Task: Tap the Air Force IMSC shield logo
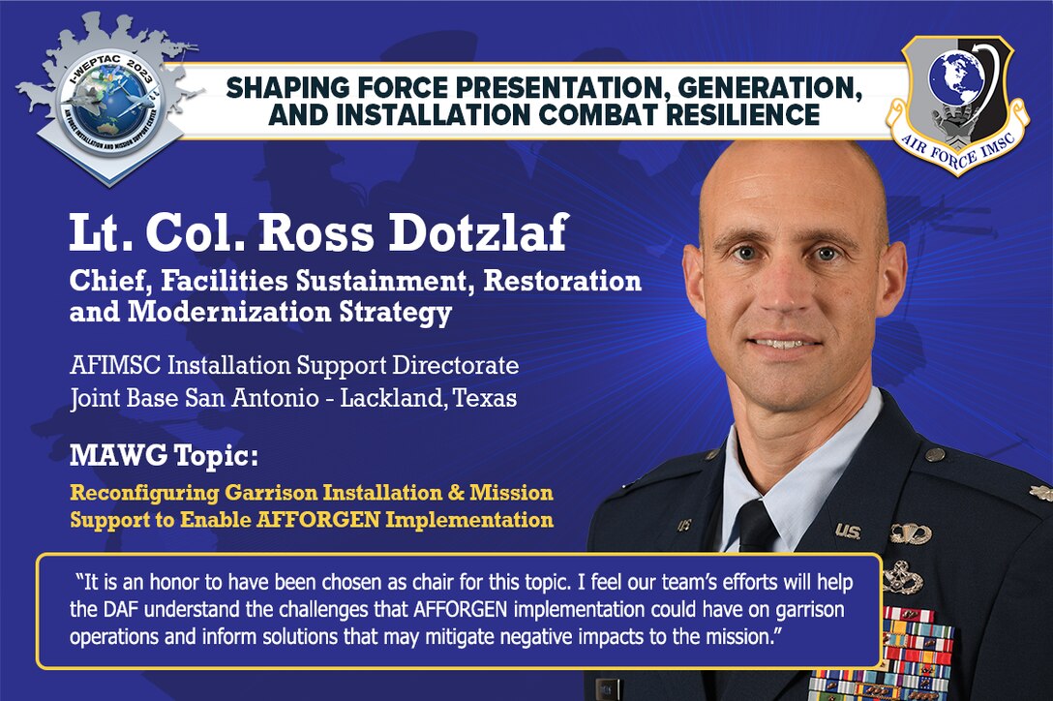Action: (956, 105)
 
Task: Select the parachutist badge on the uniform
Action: (910, 533)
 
